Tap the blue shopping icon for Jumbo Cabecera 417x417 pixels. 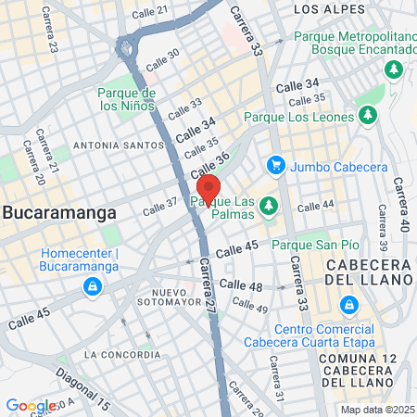(274, 166)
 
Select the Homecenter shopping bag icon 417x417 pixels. (92, 285)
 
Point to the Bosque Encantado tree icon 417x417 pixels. (394, 69)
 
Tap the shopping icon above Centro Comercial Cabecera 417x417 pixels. (347, 304)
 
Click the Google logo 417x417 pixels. (31, 405)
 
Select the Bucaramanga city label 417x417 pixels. (59, 212)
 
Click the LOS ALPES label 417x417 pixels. (324, 8)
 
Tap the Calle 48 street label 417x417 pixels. (243, 286)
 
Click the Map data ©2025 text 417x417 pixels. (376, 410)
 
